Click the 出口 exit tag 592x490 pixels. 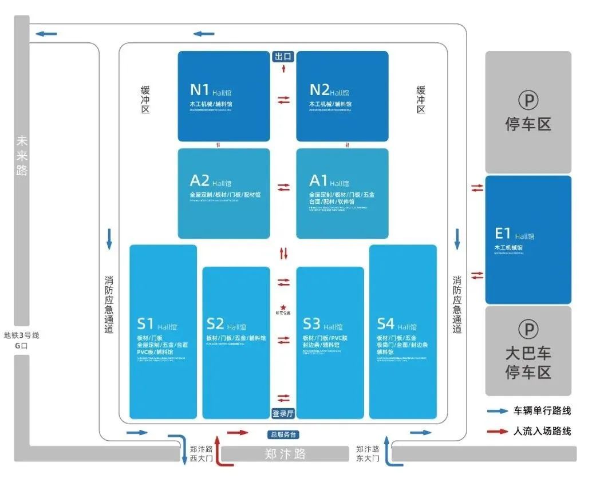click(x=283, y=57)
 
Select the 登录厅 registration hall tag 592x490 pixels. click(x=283, y=413)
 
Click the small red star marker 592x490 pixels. click(x=283, y=307)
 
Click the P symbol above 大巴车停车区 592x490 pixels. click(x=528, y=329)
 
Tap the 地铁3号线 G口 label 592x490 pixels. click(x=21, y=341)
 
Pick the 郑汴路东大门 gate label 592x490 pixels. click(x=367, y=453)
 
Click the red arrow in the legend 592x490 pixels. click(x=498, y=431)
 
